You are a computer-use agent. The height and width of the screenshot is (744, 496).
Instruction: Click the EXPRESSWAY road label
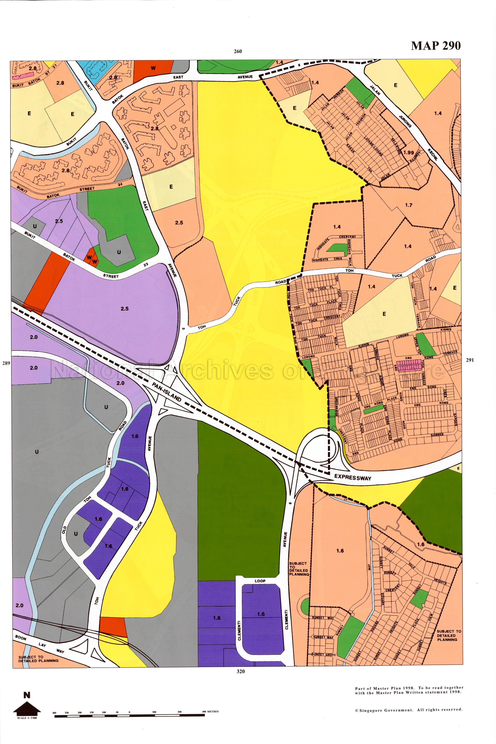352,477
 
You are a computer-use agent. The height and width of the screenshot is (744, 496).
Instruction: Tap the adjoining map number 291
470,360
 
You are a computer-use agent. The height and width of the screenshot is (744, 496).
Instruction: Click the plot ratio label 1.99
409,152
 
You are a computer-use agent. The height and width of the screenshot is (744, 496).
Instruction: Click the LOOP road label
260,581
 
